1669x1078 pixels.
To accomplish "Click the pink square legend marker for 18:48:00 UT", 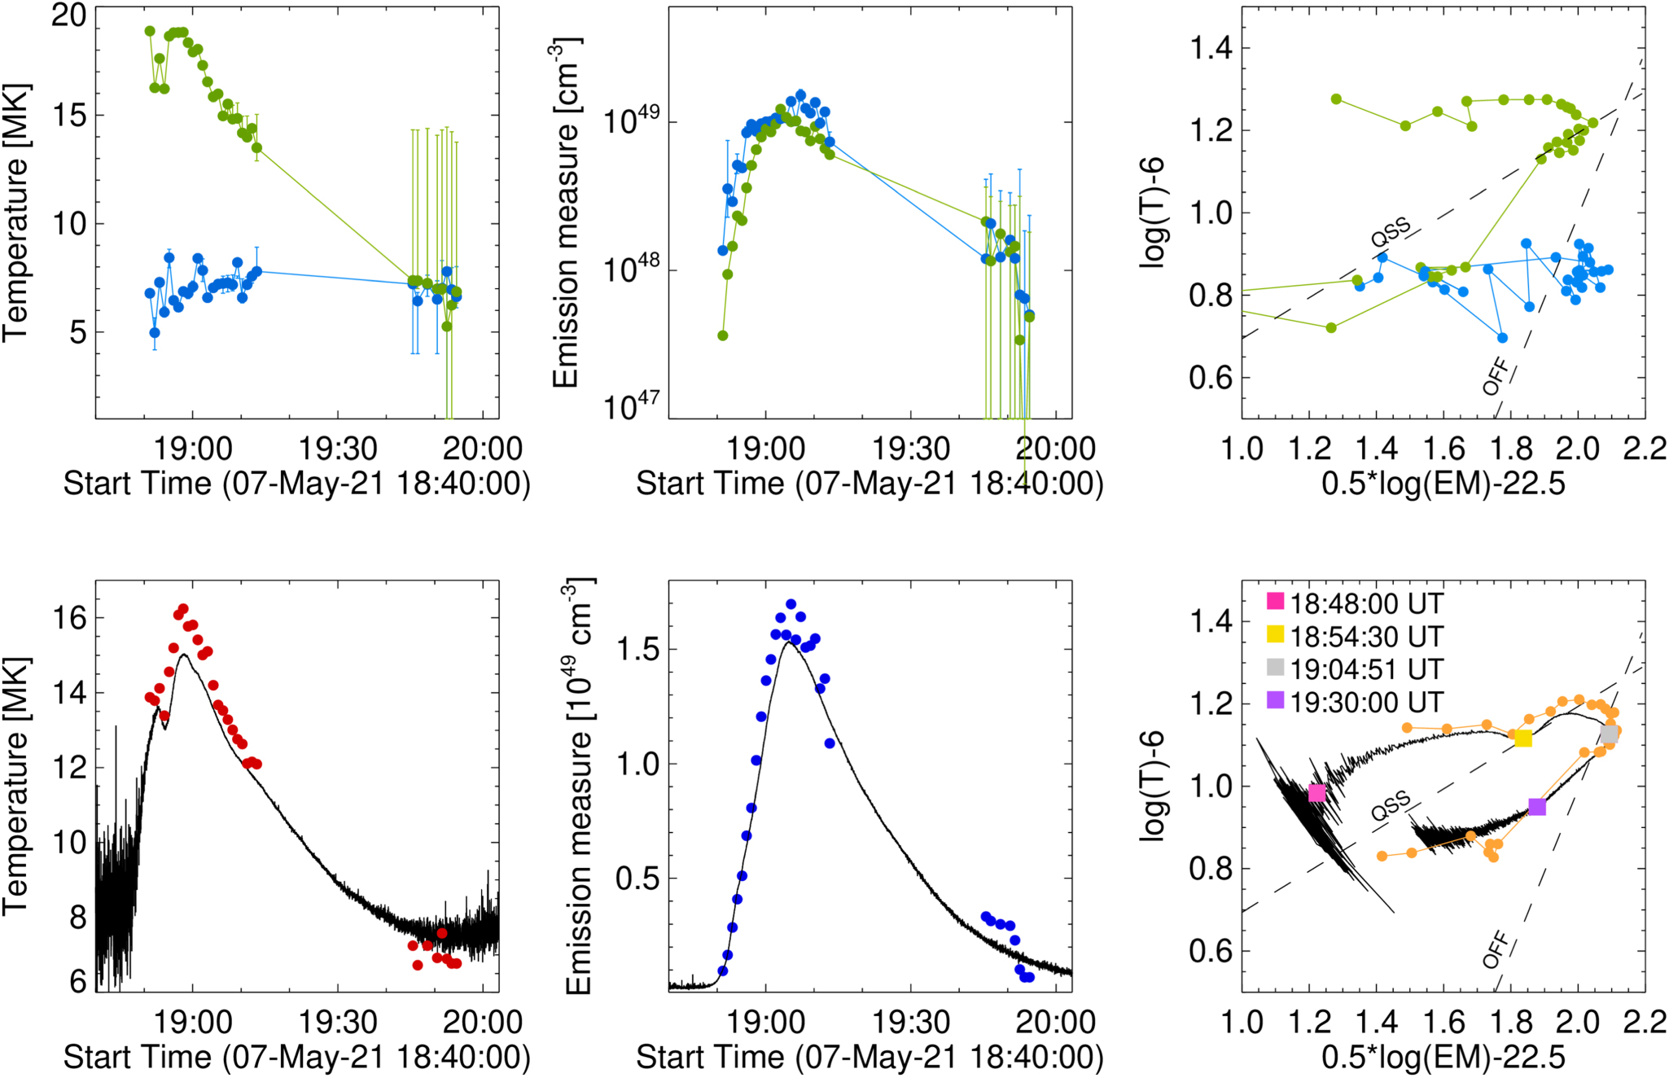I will (x=1276, y=602).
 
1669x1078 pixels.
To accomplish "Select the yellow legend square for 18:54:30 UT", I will (x=1276, y=634).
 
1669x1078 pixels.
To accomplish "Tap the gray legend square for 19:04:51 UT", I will (x=1276, y=668).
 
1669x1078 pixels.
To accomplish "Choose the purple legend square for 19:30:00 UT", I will (x=1276, y=700).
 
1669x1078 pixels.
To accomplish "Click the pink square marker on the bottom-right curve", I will (x=1316, y=793).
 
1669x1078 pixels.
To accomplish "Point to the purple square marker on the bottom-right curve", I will (x=1537, y=807).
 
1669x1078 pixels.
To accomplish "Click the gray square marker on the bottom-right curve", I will (x=1609, y=734).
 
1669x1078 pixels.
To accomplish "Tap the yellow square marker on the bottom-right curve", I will (x=1523, y=738).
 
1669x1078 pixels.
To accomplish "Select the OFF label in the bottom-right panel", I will (x=1496, y=950).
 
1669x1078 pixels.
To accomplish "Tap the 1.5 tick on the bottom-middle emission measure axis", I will (x=637, y=650).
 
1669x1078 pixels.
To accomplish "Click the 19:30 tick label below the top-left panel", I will (x=338, y=449).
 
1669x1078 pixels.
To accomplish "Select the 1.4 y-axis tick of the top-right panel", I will (x=1211, y=49).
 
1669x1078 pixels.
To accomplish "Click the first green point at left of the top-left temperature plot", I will (x=150, y=31).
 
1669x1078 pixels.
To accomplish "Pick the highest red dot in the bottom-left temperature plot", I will (x=183, y=609).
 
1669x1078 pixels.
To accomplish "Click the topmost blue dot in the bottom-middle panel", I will (x=791, y=604).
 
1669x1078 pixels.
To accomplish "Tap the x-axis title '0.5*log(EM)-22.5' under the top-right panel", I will (x=1443, y=484).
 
